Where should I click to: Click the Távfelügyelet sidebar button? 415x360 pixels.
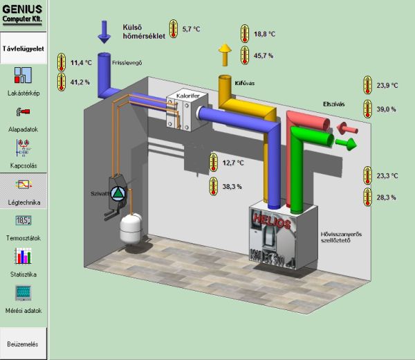point(24,50)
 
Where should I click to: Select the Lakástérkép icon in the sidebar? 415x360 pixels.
point(24,75)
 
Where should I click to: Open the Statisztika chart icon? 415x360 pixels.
point(24,257)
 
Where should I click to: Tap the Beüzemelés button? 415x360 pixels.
point(24,344)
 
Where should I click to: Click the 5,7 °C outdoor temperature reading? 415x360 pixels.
point(192,29)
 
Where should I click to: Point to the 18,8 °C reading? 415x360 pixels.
point(264,33)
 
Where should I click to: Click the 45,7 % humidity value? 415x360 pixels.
point(264,55)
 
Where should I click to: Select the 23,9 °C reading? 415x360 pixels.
point(388,85)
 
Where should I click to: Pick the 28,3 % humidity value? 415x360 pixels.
point(387,198)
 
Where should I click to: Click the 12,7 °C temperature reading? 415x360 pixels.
point(233,163)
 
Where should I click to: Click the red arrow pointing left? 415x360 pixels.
point(347,127)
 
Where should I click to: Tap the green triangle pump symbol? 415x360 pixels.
point(119,192)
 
